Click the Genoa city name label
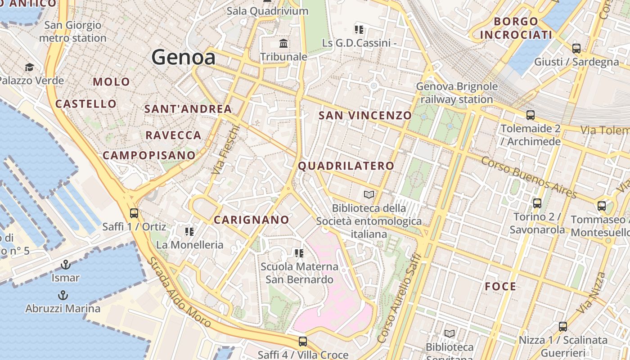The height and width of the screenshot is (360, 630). point(183,57)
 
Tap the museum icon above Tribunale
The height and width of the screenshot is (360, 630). point(284,44)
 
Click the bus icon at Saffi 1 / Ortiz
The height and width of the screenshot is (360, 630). point(134,213)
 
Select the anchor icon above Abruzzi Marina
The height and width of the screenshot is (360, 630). point(63,295)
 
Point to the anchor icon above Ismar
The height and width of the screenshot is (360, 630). point(66,265)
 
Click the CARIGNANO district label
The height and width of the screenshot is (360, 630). point(251,220)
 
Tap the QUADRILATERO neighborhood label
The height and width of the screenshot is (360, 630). point(346,166)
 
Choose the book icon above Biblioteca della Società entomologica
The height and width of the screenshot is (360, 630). point(369,194)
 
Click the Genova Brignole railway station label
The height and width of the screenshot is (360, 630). point(457,93)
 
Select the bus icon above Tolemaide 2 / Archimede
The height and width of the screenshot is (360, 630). point(531,115)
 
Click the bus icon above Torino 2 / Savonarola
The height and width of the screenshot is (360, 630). point(537,203)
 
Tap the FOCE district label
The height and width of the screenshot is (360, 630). point(500,286)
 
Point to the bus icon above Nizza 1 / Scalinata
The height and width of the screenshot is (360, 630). point(562,327)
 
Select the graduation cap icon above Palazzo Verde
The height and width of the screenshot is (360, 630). point(29,67)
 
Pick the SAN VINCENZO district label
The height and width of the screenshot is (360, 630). point(365,115)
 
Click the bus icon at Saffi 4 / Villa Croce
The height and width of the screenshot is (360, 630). point(302,342)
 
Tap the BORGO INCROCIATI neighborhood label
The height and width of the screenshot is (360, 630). point(516,28)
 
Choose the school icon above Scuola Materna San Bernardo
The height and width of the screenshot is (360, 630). point(299,253)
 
